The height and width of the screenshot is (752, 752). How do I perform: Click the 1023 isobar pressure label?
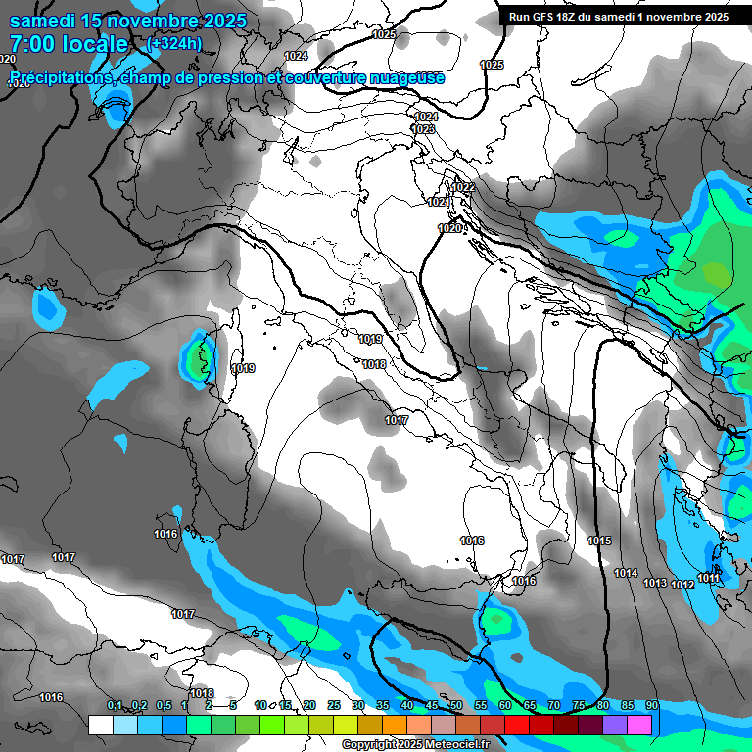[x=423, y=129]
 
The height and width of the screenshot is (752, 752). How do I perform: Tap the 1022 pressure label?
[x=464, y=187]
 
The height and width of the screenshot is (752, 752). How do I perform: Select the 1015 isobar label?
[x=599, y=540]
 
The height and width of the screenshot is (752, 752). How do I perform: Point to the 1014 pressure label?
[x=626, y=573]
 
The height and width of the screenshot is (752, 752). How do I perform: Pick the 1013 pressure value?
[x=655, y=583]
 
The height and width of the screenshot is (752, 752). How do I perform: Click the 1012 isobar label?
[x=682, y=585]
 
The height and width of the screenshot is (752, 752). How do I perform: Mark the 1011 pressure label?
[x=709, y=578]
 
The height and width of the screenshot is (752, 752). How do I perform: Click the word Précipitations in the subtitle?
[x=58, y=77]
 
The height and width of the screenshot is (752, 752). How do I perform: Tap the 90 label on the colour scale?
[x=651, y=705]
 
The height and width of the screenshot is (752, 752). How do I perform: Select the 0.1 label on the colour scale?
[x=115, y=705]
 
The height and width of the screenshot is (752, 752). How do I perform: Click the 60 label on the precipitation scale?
[x=504, y=705]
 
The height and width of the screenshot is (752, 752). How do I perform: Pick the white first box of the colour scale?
[x=100, y=725]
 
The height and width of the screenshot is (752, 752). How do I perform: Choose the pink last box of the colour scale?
[x=639, y=725]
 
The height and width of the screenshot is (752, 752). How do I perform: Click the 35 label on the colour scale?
[x=382, y=705]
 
